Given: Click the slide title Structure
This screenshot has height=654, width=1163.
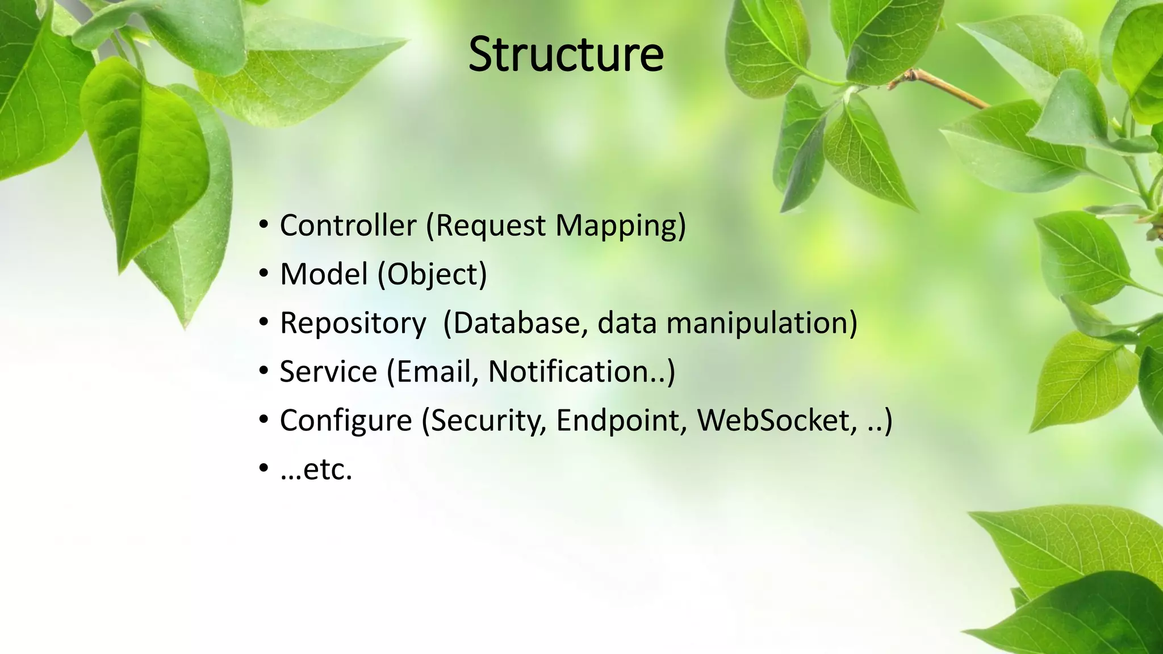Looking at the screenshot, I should pyautogui.click(x=566, y=54).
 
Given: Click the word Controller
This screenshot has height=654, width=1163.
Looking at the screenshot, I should pyautogui.click(x=348, y=225).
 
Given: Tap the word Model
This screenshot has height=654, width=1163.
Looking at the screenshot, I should pyautogui.click(x=324, y=274).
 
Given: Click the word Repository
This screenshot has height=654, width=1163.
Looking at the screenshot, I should pyautogui.click(x=353, y=324).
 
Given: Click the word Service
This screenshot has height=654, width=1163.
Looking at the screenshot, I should pyautogui.click(x=328, y=372).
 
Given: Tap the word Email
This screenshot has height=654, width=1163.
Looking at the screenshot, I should pyautogui.click(x=437, y=372).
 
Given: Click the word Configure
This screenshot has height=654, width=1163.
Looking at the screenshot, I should pyautogui.click(x=345, y=421).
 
